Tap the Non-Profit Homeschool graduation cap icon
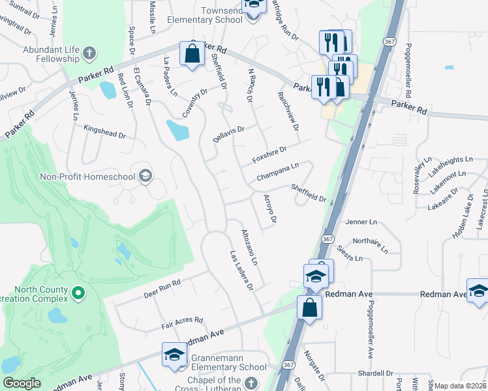pos(145,176)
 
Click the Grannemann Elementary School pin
pos(175,355)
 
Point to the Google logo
pos(22,383)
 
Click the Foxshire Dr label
pos(269,156)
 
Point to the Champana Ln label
pos(277,172)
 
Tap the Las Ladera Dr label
pos(241,271)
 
